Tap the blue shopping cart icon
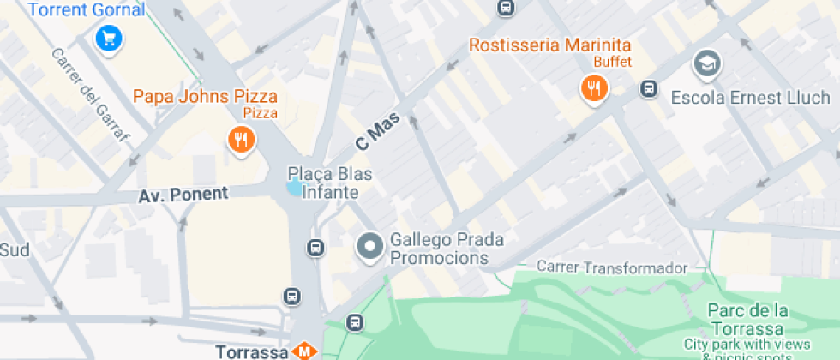coord(109,39)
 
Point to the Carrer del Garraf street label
coord(89,95)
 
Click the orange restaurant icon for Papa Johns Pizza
coord(241,140)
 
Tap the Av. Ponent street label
coord(183,195)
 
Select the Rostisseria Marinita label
coord(549,45)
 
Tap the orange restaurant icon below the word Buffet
coord(593,87)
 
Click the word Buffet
coord(612,62)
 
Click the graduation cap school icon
coord(707,63)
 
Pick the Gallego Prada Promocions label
coord(446,249)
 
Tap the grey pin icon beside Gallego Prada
coord(370,248)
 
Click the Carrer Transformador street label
coord(612,267)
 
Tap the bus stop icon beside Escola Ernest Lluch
coord(649,88)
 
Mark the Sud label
coord(15,249)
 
